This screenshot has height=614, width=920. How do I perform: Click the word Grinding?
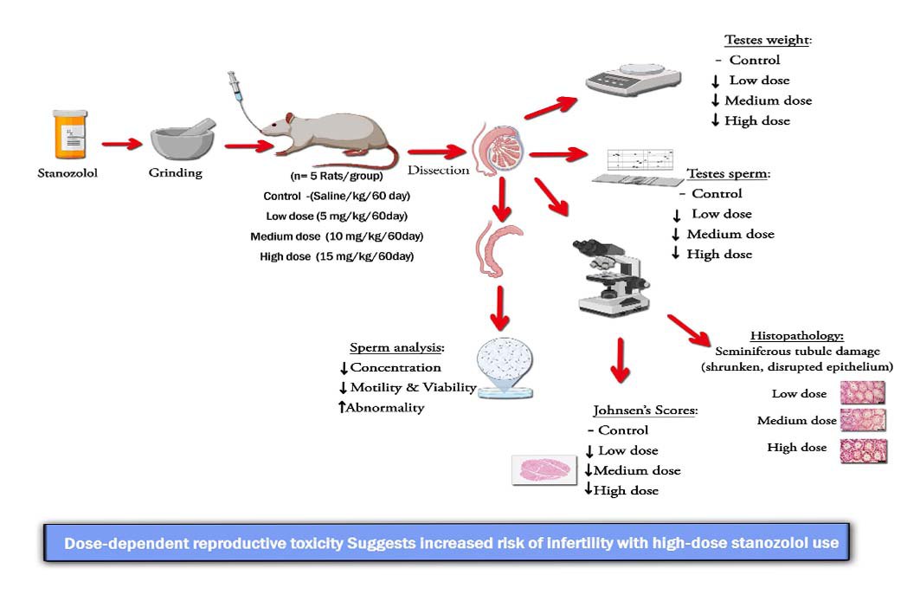(175, 172)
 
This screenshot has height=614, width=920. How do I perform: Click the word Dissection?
(438, 171)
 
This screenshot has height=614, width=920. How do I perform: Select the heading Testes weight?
(768, 40)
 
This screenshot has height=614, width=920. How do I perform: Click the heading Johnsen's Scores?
(645, 410)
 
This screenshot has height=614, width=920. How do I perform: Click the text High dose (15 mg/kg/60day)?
(337, 256)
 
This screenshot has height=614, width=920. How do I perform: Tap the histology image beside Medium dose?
(864, 421)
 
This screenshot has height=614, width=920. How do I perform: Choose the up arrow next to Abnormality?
(342, 406)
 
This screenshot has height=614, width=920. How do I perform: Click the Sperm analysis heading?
(397, 347)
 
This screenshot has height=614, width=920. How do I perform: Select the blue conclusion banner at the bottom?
(447, 543)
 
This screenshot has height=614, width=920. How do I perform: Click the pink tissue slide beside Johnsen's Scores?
(541, 469)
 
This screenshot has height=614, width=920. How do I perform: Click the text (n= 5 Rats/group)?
(336, 176)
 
